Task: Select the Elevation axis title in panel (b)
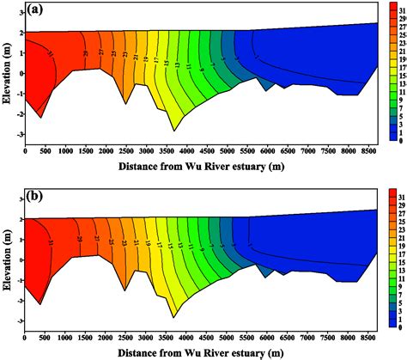pos(8,262)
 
